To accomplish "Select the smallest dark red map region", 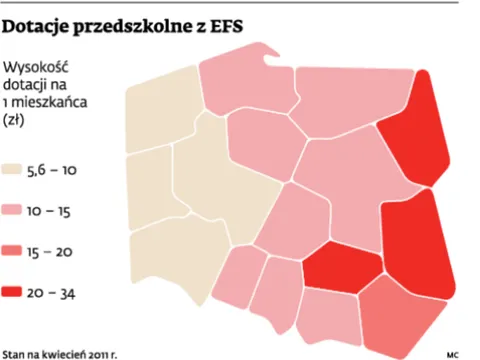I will click(x=341, y=265).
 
